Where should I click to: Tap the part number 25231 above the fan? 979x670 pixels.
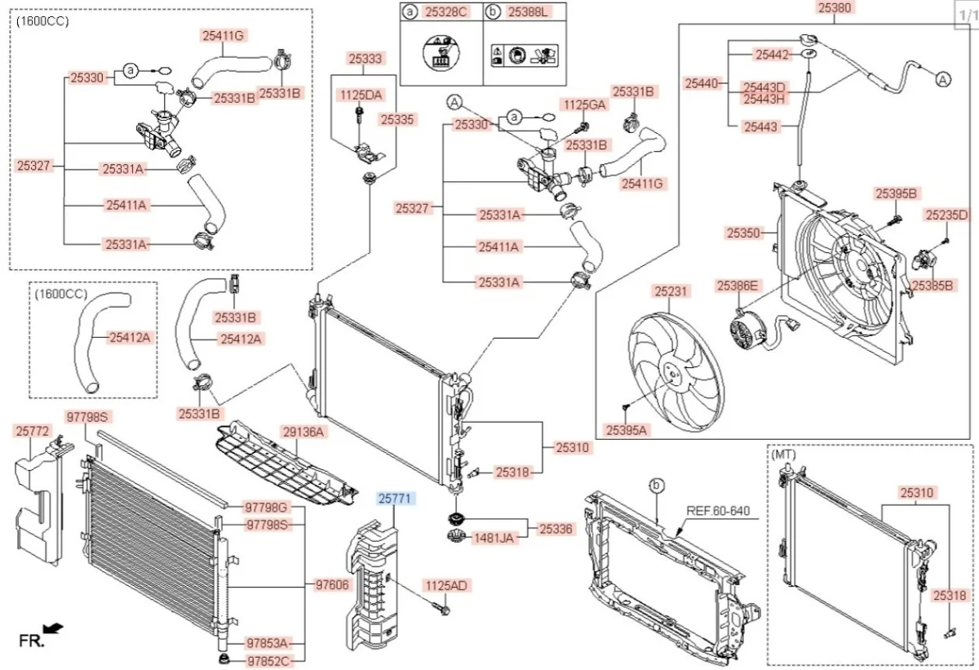[671, 290]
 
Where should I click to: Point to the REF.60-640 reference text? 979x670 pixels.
[717, 512]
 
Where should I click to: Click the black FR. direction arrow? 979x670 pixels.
[53, 628]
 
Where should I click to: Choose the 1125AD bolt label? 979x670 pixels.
[445, 586]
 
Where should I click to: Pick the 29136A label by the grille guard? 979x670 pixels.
[303, 431]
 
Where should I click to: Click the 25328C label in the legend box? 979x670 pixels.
[445, 11]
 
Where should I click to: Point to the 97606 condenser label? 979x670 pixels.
[333, 584]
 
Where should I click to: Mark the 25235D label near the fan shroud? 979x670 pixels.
[946, 215]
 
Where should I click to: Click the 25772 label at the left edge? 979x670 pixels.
[33, 429]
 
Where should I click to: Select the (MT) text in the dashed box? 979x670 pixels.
[785, 453]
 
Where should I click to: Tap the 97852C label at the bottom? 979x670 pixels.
[268, 659]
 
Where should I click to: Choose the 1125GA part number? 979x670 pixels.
[584, 104]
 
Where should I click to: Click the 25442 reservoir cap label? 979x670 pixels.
[772, 55]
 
